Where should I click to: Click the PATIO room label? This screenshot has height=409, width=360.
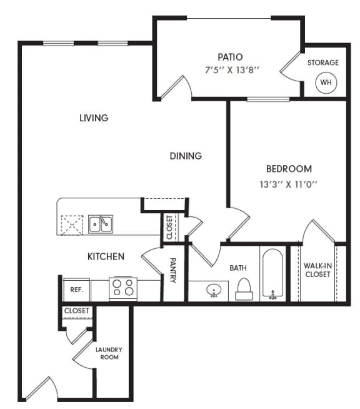(x=230, y=57)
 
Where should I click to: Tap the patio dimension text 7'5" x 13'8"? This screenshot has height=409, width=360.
(x=230, y=71)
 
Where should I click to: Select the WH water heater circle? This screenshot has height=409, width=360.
(x=325, y=82)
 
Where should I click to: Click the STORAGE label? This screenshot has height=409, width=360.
(x=323, y=63)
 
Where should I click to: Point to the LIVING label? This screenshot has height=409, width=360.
(x=94, y=118)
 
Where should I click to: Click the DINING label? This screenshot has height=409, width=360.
(x=186, y=156)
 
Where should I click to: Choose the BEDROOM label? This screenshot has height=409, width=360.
(x=289, y=169)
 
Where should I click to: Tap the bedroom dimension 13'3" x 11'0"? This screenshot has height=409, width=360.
(x=289, y=184)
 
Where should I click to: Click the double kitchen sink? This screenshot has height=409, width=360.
(x=100, y=223)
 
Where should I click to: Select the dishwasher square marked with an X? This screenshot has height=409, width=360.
(x=71, y=225)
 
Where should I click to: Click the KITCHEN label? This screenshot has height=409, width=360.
(x=105, y=256)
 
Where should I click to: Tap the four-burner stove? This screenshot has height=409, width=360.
(x=122, y=288)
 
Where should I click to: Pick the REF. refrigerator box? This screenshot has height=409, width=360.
(x=77, y=290)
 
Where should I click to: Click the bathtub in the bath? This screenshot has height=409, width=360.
(x=272, y=276)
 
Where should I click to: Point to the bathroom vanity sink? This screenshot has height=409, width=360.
(x=214, y=291)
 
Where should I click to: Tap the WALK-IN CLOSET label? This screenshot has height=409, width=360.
(x=317, y=270)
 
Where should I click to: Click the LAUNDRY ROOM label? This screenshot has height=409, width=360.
(x=109, y=353)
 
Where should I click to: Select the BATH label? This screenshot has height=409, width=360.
(x=237, y=268)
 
